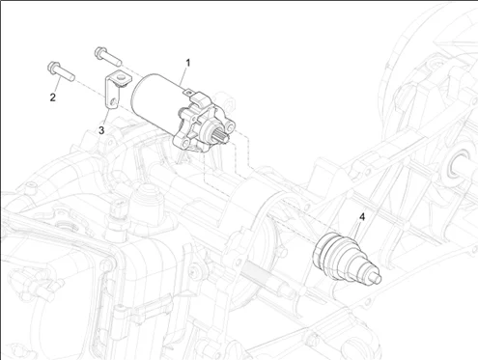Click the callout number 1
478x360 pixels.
[188, 63]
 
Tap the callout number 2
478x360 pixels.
[53, 97]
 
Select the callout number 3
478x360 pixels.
[101, 130]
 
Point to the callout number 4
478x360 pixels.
[362, 217]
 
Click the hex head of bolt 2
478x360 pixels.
[53, 67]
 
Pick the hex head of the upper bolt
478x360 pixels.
[100, 52]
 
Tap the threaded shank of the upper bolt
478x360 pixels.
[113, 59]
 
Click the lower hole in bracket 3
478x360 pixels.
[113, 102]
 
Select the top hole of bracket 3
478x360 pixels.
[121, 77]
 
